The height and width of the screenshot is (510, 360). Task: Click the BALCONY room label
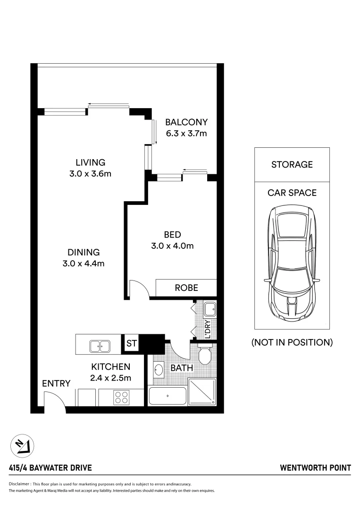click(186, 122)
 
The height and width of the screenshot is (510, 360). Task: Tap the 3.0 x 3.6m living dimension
click(90, 174)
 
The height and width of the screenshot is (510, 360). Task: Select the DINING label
click(83, 252)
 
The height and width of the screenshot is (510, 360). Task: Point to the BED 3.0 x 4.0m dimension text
click(172, 246)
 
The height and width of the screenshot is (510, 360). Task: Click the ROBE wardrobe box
click(186, 288)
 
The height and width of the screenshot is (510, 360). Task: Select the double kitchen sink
click(100, 346)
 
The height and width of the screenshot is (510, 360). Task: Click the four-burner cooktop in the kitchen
click(121, 397)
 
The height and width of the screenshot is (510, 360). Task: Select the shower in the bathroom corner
click(202, 392)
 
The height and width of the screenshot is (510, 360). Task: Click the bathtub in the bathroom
click(167, 396)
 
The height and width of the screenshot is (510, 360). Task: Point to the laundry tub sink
click(209, 310)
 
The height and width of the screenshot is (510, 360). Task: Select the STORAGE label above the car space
click(292, 164)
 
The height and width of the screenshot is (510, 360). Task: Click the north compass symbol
click(23, 445)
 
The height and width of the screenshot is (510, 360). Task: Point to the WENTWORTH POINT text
click(316, 468)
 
